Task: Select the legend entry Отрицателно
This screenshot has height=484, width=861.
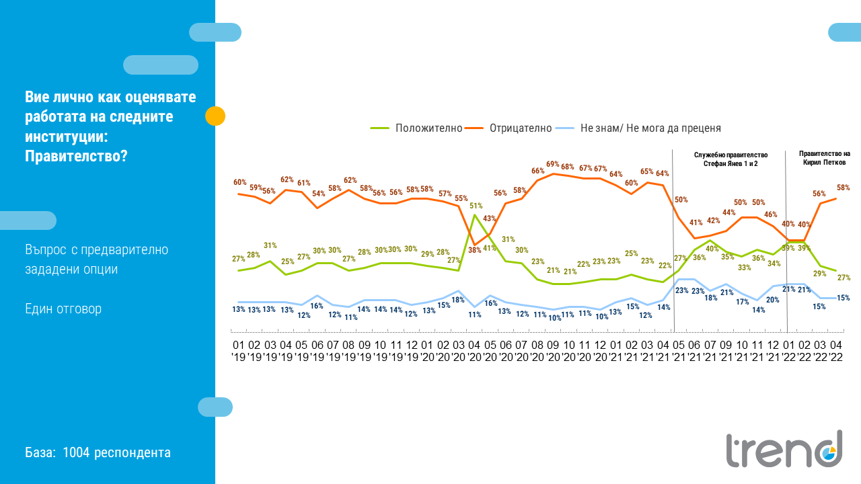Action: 520,128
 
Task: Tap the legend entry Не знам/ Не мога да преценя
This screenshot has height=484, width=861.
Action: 650,128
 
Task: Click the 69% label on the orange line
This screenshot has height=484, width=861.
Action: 553,164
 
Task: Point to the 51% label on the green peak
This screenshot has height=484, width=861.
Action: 476,206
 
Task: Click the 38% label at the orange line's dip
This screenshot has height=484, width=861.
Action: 475,249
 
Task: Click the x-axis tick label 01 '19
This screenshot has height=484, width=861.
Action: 239,350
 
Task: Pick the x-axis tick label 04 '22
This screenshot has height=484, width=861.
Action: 836,350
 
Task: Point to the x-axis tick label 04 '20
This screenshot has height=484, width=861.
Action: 475,350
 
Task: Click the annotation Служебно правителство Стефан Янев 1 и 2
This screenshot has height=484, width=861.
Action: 730,159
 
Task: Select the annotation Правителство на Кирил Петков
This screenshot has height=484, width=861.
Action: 823,158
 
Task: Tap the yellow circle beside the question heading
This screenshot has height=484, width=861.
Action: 215,116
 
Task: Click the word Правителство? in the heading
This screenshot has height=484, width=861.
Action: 76,155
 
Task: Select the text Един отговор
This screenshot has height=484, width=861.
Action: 63,309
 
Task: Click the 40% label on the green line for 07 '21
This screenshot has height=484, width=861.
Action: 712,249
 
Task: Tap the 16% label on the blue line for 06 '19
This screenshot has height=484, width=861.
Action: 317,306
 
